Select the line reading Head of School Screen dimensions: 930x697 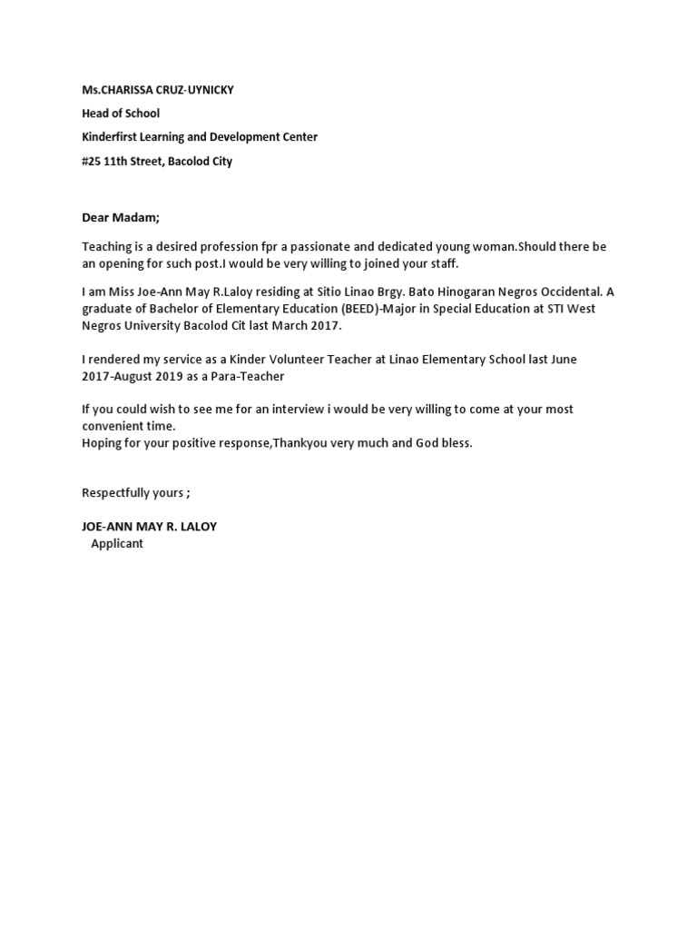[121, 114]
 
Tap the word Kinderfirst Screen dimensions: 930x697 [113, 137]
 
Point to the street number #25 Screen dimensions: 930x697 [91, 162]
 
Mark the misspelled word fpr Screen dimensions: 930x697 [269, 247]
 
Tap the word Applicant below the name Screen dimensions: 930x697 [117, 543]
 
